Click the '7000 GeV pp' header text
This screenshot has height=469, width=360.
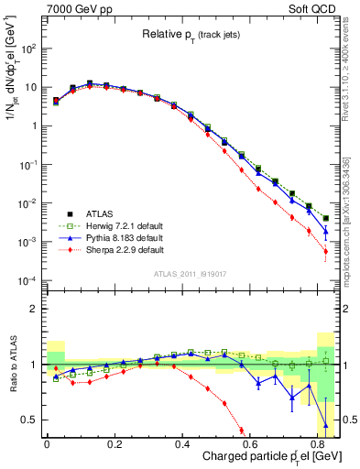click(x=78, y=8)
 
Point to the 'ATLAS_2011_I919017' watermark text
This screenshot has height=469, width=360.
click(x=191, y=275)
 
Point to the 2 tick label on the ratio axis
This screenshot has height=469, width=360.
click(x=33, y=309)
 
